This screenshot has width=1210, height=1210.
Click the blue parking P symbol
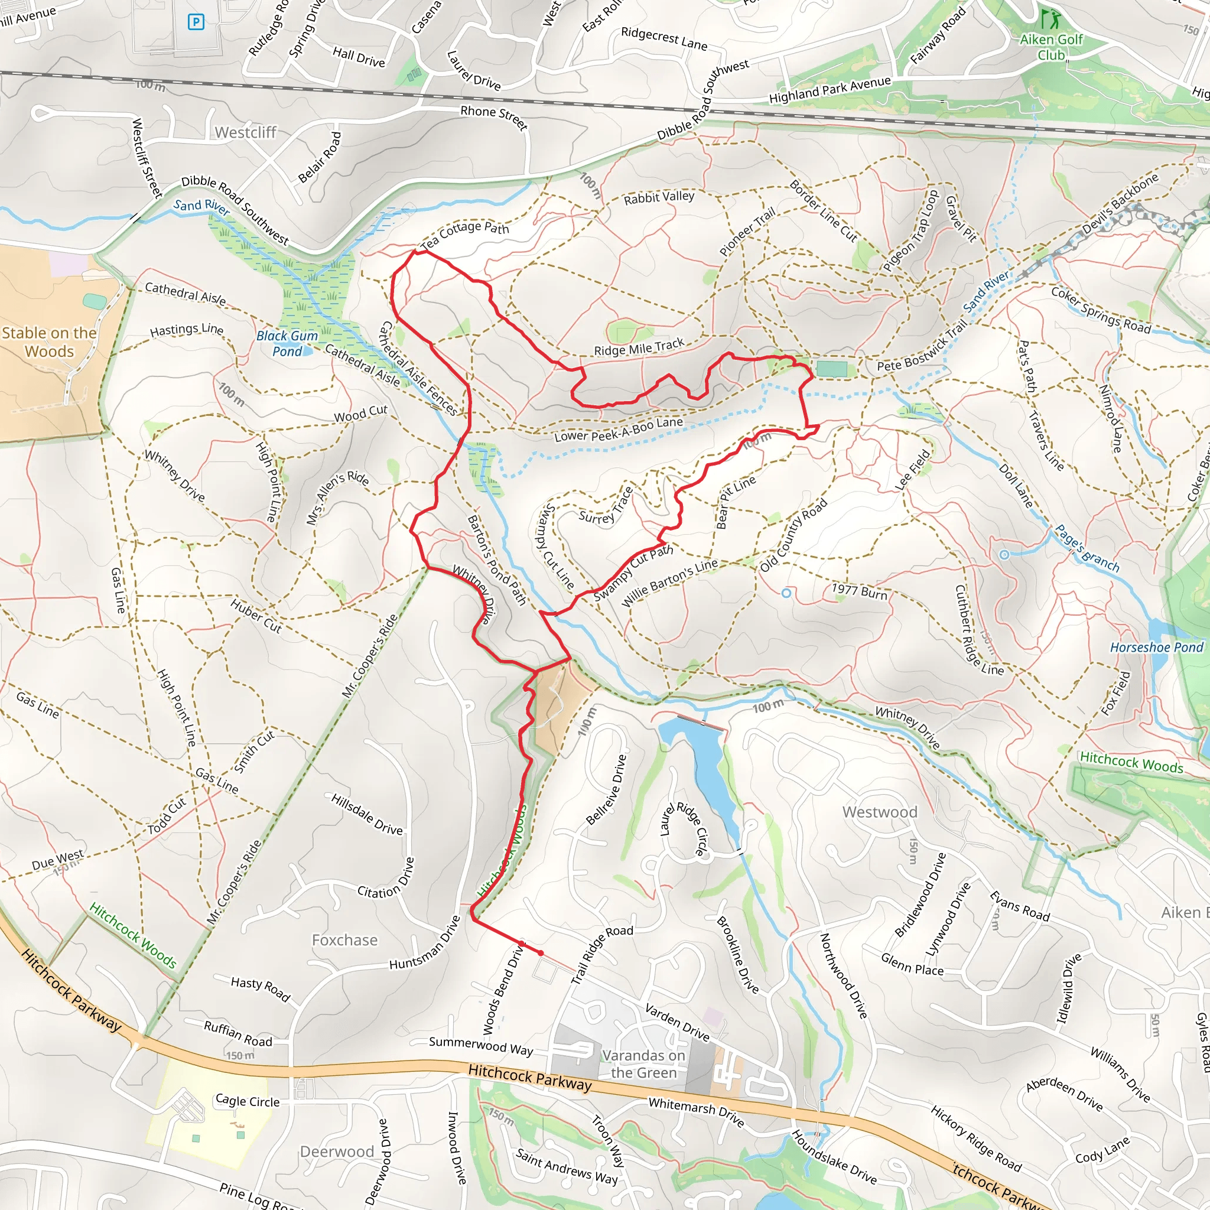click(196, 22)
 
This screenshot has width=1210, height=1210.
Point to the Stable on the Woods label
click(49, 342)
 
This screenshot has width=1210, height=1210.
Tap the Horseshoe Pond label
click(1156, 647)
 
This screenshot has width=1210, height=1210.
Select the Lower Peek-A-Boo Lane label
click(618, 429)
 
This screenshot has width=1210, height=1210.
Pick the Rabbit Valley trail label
click(659, 197)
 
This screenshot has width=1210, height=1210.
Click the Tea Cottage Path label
click(465, 234)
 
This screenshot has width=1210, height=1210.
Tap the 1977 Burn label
click(859, 591)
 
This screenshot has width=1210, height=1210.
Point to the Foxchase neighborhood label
click(345, 940)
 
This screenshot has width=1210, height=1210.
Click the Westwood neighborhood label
click(879, 812)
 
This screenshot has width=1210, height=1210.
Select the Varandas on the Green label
click(644, 1064)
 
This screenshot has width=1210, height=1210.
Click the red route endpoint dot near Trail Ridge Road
click(541, 952)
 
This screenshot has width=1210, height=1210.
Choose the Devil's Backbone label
click(1120, 204)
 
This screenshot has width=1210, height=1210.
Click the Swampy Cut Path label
click(633, 573)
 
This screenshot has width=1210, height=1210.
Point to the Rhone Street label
click(494, 116)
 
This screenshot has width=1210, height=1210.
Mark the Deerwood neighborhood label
click(337, 1151)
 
